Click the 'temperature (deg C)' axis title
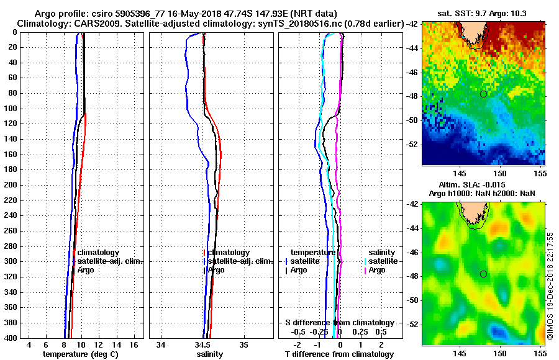(80, 354)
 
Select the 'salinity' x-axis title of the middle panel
(209, 354)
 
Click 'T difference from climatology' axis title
(339, 354)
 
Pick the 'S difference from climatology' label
(339, 323)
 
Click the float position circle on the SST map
(483, 94)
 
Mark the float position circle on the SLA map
(483, 274)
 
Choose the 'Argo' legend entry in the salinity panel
(217, 270)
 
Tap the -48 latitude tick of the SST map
(412, 96)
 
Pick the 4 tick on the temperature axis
(29, 344)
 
